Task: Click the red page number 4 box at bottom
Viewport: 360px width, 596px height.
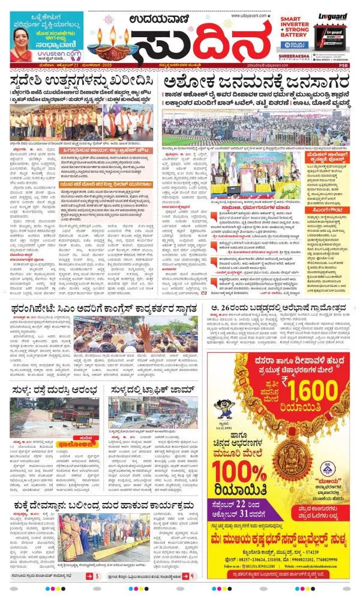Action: pos(191,576)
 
